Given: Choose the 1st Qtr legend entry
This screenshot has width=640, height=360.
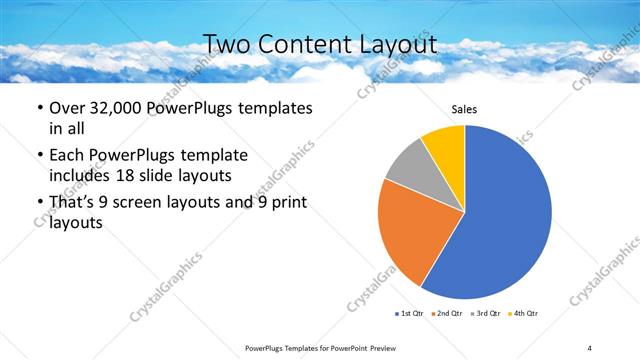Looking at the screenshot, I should click(411, 314).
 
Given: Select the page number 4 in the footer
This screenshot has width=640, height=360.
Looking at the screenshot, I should click(589, 347).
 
